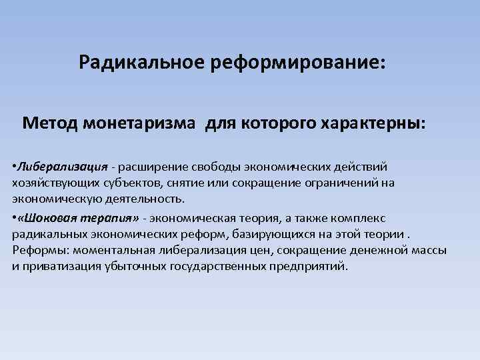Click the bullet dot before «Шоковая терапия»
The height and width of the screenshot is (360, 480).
[x=14, y=218]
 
